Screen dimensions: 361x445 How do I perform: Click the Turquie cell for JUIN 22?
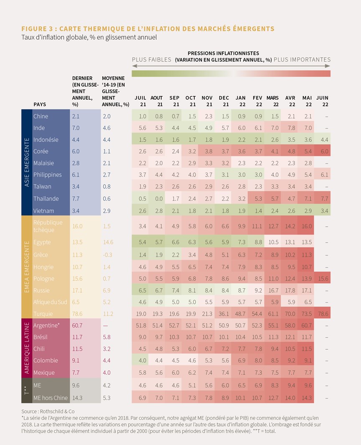point(323,314)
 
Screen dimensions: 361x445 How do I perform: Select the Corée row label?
point(41,151)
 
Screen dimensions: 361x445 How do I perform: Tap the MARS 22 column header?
point(273,101)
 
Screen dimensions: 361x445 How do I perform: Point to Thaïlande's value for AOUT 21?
point(159,199)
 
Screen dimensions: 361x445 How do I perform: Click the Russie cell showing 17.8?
point(290,290)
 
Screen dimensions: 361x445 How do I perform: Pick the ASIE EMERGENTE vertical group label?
point(27,162)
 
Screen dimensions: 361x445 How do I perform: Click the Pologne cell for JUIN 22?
point(323,279)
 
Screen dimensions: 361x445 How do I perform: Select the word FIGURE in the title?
point(34,29)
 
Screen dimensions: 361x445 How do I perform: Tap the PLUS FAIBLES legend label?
point(151,59)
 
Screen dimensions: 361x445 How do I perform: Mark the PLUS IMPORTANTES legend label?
point(302,59)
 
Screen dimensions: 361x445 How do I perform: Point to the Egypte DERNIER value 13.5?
point(77,242)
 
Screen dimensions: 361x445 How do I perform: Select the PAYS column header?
point(40,104)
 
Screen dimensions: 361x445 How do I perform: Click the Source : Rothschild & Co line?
point(48,411)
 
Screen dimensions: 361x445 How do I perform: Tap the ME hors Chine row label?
point(51,398)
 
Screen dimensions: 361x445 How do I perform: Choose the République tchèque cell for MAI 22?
point(307,226)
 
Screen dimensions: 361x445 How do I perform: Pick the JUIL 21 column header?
point(140,101)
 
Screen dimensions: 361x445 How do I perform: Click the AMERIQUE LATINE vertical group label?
point(27,348)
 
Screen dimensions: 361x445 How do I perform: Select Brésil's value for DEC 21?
point(225,337)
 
